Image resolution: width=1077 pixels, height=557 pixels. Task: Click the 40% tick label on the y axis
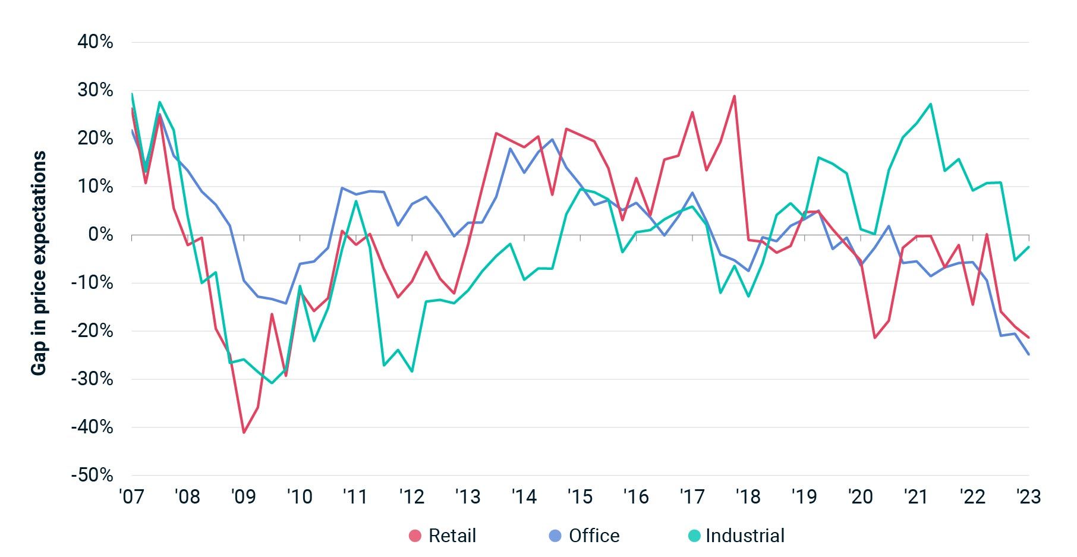pyautogui.click(x=95, y=42)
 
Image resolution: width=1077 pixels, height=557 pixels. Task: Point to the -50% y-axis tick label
pyautogui.click(x=92, y=476)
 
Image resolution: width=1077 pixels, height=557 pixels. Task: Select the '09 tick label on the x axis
pyautogui.click(x=243, y=496)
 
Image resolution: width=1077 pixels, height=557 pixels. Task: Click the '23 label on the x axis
pyautogui.click(x=1028, y=496)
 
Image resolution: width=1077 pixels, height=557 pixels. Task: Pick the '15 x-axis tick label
pyautogui.click(x=580, y=496)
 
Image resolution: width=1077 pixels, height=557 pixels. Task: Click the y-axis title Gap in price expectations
pyautogui.click(x=39, y=263)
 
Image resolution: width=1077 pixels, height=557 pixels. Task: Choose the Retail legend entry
pyautogui.click(x=452, y=536)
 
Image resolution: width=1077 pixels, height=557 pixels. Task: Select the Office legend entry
pyautogui.click(x=594, y=536)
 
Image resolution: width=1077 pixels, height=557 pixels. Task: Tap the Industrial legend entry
pyautogui.click(x=745, y=536)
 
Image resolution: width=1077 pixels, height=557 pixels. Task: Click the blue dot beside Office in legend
pyautogui.click(x=555, y=536)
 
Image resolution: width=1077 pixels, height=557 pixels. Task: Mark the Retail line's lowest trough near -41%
pyautogui.click(x=244, y=432)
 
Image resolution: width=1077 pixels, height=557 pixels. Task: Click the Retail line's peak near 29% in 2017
pyautogui.click(x=735, y=96)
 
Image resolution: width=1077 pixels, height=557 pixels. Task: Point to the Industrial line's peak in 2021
pyautogui.click(x=930, y=104)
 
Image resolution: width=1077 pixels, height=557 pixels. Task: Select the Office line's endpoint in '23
pyautogui.click(x=1029, y=354)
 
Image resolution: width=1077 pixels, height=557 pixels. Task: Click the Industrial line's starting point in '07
pyautogui.click(x=132, y=94)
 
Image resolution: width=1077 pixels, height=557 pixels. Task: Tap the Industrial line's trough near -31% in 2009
pyautogui.click(x=272, y=383)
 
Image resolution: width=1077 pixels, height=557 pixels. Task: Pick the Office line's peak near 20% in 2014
pyautogui.click(x=552, y=140)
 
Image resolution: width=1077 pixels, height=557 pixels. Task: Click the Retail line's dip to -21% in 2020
pyautogui.click(x=875, y=338)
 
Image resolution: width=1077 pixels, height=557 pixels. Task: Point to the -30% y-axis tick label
pyautogui.click(x=92, y=379)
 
